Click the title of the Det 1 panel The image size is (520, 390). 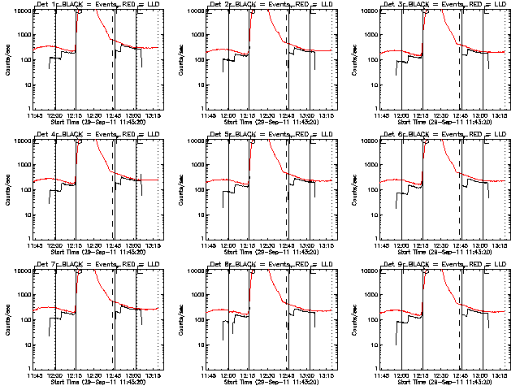96,5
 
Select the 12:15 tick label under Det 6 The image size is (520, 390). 423,246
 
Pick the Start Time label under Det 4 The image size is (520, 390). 96,252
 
